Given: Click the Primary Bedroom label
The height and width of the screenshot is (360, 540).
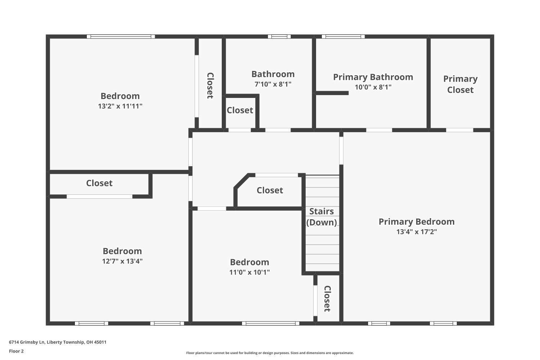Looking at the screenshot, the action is (x=416, y=222).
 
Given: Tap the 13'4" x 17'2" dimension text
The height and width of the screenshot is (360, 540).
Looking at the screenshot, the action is (x=417, y=232).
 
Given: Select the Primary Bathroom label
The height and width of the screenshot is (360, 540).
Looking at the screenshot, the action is (x=373, y=77).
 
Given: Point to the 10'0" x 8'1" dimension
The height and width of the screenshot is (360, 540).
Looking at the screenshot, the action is (x=373, y=87).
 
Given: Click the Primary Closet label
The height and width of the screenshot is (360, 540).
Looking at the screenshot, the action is (x=460, y=84).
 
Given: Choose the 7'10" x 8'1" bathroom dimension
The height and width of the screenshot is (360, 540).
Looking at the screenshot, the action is (x=273, y=84).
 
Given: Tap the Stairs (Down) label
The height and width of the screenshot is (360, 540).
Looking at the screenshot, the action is (x=321, y=217).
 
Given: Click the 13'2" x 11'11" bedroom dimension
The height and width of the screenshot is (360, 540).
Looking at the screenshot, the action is (x=120, y=106).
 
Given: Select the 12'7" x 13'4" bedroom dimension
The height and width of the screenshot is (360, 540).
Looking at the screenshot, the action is (x=122, y=261).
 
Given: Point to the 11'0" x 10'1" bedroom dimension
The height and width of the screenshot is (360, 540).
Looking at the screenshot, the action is (x=249, y=272).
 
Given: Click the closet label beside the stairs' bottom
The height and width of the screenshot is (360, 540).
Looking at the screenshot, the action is (x=327, y=298).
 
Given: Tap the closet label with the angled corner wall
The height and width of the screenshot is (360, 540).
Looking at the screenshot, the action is (x=270, y=190).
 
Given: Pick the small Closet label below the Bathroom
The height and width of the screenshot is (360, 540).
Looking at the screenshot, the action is (x=240, y=111).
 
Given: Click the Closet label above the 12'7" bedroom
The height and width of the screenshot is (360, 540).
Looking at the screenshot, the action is (x=99, y=183).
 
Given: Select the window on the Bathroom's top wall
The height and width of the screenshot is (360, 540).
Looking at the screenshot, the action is (x=279, y=37).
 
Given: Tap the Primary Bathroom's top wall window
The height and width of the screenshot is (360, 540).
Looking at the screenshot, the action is (x=343, y=37).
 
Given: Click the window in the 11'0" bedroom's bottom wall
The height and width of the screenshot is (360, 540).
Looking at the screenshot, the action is (x=270, y=323).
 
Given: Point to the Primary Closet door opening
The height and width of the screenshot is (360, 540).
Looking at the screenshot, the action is (x=459, y=130).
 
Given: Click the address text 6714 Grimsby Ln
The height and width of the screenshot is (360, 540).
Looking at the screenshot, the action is (x=27, y=342).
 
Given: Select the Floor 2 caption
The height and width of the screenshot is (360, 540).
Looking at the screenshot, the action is (x=17, y=351).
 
